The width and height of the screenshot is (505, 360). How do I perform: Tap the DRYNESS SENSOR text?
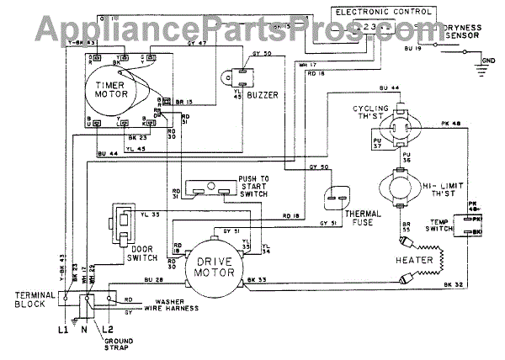tap(465, 32)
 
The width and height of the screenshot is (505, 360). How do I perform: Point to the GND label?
tap(488, 61)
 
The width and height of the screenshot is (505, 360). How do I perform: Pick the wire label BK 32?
tap(453, 286)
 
